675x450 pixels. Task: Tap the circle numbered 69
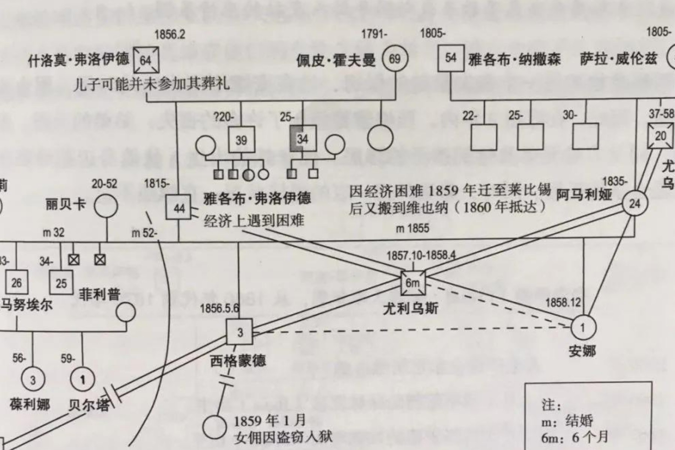pos(395,59)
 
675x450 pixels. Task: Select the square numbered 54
pos(451,58)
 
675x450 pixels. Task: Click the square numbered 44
pos(179,208)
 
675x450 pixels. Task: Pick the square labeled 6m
pos(412,283)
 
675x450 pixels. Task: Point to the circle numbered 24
pos(634,204)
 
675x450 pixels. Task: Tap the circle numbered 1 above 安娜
pos(583,328)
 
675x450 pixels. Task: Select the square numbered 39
pos(241,140)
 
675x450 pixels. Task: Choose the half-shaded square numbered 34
pos(303,139)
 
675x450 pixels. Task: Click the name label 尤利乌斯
pos(411,309)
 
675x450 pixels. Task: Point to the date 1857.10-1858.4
pos(421,256)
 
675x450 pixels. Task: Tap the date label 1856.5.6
pos(219,309)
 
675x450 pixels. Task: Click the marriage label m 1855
pos(412,228)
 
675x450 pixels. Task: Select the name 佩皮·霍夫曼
pos(336,60)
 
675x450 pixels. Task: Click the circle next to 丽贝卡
pos(106,206)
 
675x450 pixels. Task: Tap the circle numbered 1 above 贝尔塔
pos(82,380)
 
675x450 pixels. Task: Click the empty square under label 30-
pos(585,137)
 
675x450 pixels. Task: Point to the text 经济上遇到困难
pos(253,221)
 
